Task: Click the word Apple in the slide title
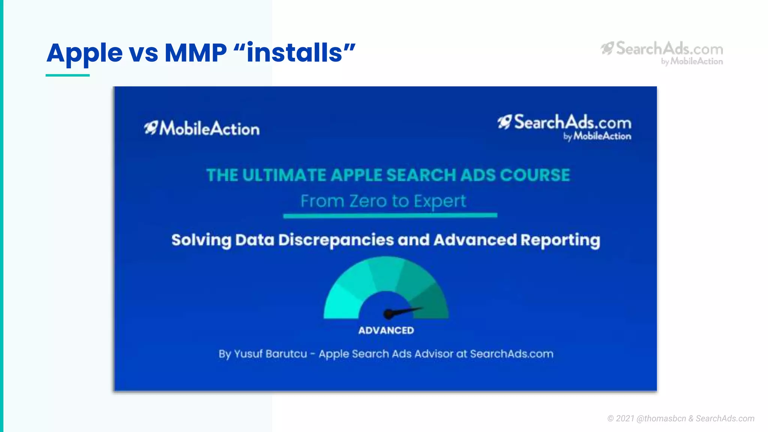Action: pos(84,53)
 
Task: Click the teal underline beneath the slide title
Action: pos(67,75)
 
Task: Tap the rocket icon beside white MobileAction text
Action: pos(151,128)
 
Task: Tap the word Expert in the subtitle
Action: pos(440,201)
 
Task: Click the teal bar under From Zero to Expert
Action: pos(390,216)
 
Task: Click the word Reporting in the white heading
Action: pos(560,240)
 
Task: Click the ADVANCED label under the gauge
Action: pos(386,330)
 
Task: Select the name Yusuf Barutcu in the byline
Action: pos(270,354)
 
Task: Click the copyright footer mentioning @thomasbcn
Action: pos(681,418)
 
